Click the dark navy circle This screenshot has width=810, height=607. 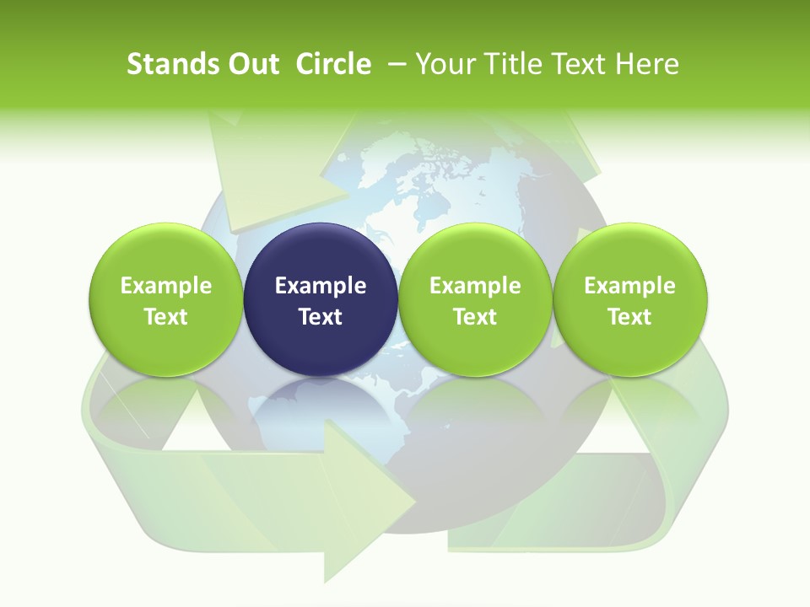coord(321,299)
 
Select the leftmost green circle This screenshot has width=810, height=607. coord(166,299)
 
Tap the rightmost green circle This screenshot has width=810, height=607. coord(629,299)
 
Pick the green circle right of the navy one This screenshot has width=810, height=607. coord(475,299)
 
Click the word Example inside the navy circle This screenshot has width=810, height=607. coord(321,286)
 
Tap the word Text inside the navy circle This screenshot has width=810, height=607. coord(321,317)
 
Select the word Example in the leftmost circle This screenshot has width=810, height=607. coord(166,286)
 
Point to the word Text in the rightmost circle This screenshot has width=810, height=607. coord(629,317)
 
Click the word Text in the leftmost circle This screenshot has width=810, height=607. coord(166,317)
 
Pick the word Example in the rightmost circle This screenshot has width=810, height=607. coord(629,286)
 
